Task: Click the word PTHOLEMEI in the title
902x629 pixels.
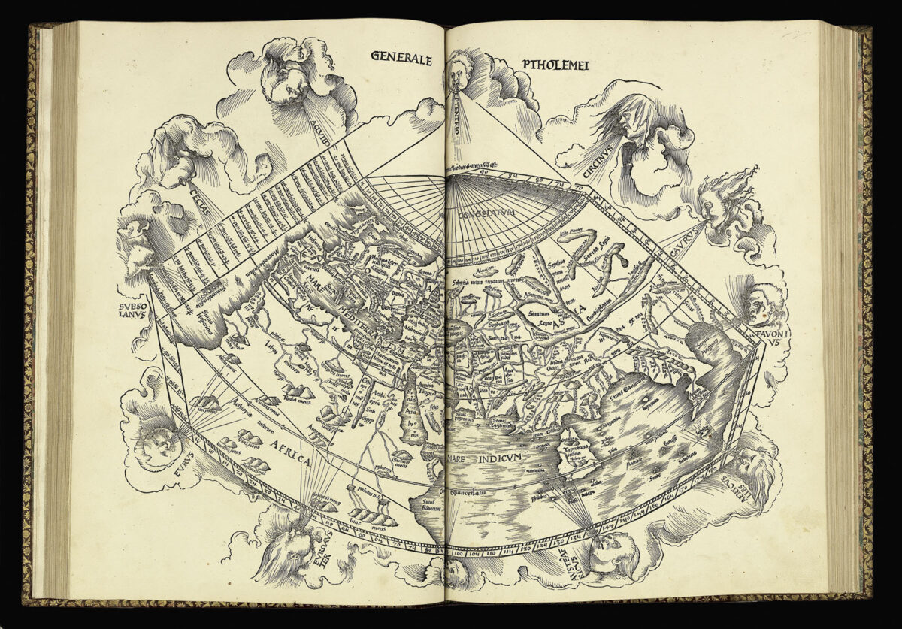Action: [555, 65]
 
